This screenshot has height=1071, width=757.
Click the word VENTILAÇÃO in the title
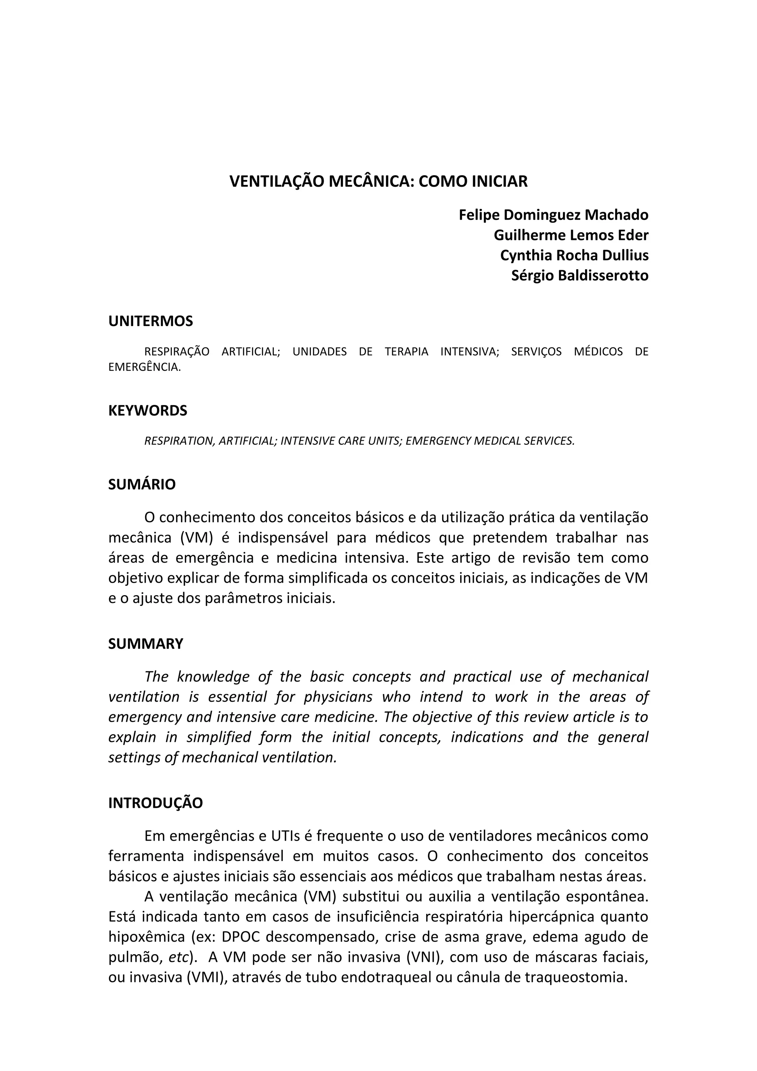click(x=277, y=182)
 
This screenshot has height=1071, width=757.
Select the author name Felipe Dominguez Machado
click(x=553, y=215)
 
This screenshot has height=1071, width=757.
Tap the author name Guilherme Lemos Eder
click(x=571, y=235)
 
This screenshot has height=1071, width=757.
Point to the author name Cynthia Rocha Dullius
click(x=574, y=255)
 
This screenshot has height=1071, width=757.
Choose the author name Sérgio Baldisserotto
click(x=579, y=275)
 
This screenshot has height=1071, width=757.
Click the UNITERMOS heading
click(x=150, y=321)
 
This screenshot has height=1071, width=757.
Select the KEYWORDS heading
click(x=147, y=410)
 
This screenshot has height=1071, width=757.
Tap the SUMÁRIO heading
click(x=142, y=484)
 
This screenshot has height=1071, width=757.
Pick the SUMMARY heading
click(x=146, y=644)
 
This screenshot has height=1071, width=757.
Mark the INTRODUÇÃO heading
click(x=155, y=803)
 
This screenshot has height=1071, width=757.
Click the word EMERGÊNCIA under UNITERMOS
click(x=144, y=367)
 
